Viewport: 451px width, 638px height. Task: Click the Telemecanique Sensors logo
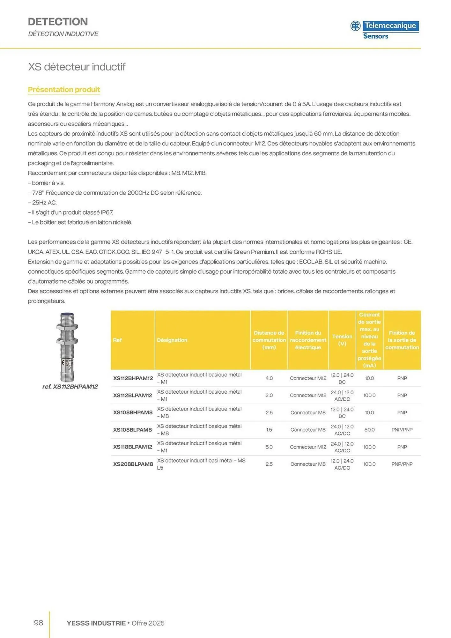[385, 30]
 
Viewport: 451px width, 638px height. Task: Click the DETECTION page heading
[58, 22]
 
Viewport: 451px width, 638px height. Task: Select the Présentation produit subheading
[64, 90]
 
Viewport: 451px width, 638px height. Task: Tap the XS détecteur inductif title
[77, 67]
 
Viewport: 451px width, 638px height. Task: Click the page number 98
[38, 623]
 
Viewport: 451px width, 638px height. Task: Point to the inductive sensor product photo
[67, 347]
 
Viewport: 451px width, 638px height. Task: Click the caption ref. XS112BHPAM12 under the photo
[70, 387]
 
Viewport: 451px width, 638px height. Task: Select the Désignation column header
[172, 340]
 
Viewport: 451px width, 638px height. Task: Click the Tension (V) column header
[342, 340]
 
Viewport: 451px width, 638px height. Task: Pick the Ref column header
[117, 340]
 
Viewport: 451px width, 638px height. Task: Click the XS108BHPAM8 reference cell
[133, 412]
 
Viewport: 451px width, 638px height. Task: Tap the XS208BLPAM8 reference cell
[133, 464]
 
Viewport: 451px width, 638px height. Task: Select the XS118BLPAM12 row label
[133, 447]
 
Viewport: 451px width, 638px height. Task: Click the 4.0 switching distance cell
[269, 378]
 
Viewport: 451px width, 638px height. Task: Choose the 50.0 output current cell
[369, 430]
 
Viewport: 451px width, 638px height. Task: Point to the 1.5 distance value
[269, 430]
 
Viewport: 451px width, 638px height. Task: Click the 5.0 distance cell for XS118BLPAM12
[269, 447]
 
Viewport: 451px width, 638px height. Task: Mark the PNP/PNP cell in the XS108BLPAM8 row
[402, 430]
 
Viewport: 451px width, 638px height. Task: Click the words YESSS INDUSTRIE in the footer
[96, 623]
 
